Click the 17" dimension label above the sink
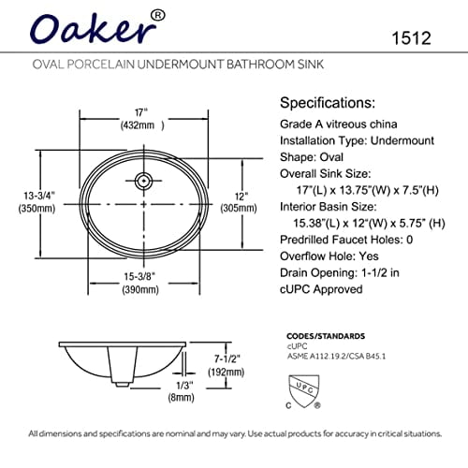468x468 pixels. click(x=137, y=110)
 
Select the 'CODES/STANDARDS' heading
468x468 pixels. click(x=325, y=334)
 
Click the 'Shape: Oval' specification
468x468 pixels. click(x=314, y=157)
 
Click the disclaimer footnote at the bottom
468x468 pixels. click(x=234, y=433)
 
